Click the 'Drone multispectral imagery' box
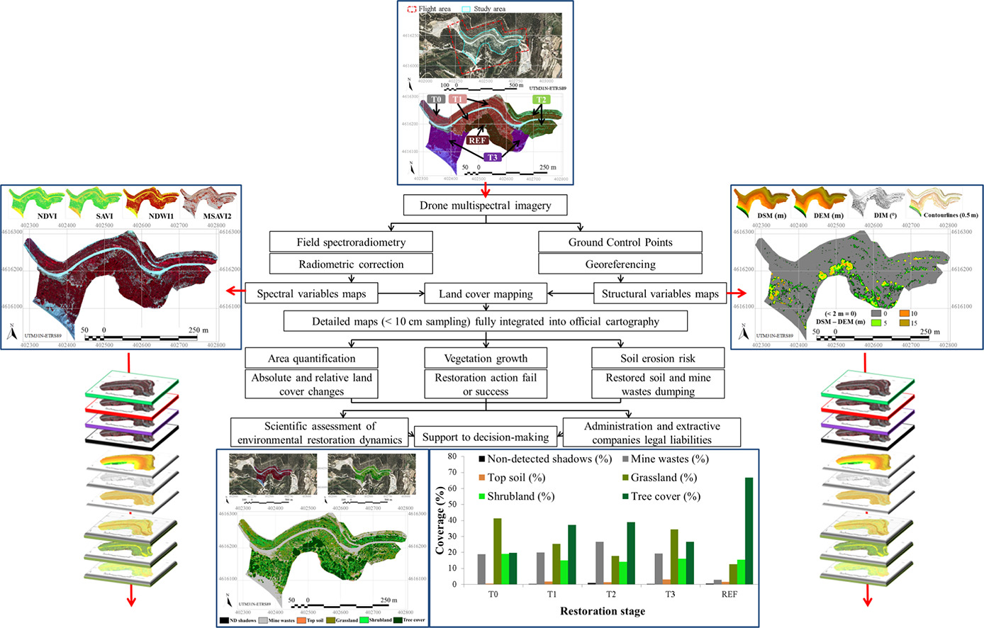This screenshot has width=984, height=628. [486, 206]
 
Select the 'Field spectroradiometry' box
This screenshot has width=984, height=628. [351, 242]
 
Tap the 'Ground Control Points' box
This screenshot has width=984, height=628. [620, 242]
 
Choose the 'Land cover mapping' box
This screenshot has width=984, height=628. [486, 293]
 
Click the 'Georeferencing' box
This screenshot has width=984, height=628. [620, 264]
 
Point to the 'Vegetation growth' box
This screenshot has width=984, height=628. [486, 359]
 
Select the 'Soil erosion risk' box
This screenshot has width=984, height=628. [658, 359]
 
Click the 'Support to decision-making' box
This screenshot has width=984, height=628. [486, 437]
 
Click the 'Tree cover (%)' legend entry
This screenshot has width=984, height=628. [665, 496]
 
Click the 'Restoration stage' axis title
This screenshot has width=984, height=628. [603, 611]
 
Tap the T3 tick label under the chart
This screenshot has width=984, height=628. [670, 594]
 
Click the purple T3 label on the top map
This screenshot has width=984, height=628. [492, 157]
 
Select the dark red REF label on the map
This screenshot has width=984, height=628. [477, 140]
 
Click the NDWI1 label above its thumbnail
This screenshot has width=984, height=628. [161, 216]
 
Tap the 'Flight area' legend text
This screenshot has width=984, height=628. [434, 9]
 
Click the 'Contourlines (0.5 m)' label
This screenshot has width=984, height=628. [951, 215]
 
